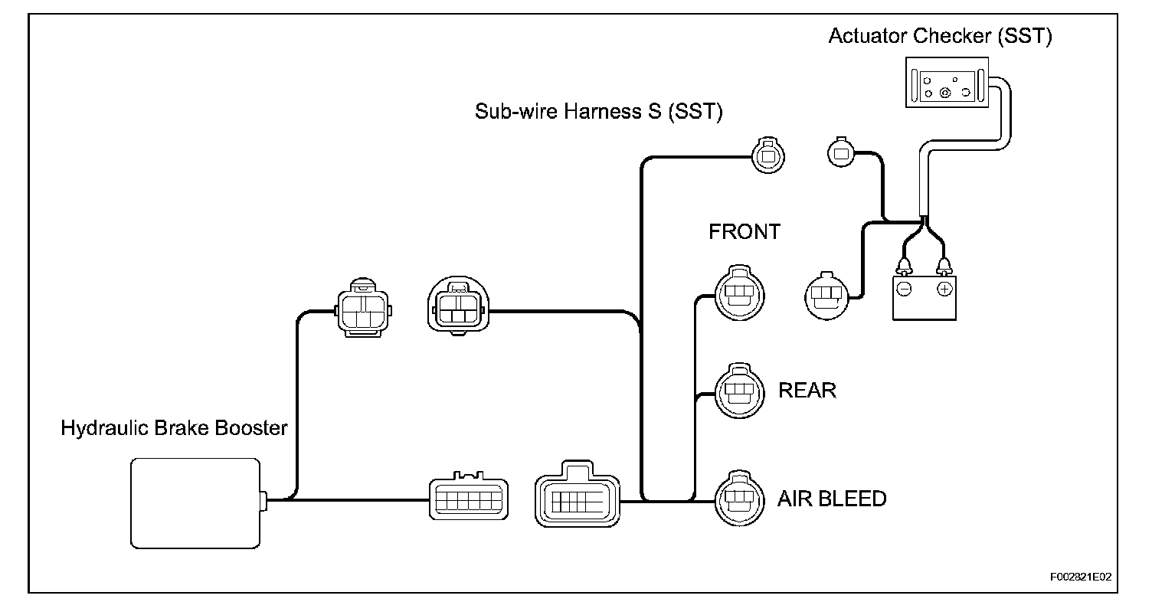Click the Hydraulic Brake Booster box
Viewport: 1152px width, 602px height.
(x=195, y=501)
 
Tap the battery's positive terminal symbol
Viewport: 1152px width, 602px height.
(x=944, y=289)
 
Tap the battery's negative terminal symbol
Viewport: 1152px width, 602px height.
(x=904, y=289)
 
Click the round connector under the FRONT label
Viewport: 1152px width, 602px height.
(x=740, y=293)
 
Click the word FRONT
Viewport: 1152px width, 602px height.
(x=744, y=232)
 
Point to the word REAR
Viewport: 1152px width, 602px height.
(x=807, y=391)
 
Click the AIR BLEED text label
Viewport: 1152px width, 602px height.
(x=831, y=499)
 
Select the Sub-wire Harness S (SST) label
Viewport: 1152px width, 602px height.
(x=598, y=112)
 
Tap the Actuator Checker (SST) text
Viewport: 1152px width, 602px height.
(x=940, y=36)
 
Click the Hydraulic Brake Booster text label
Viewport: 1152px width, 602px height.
(x=174, y=428)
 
